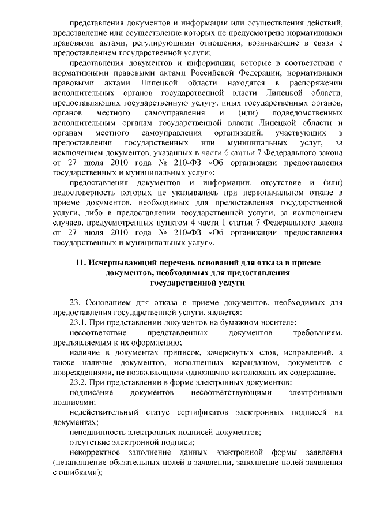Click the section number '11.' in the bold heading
click(x=81, y=262)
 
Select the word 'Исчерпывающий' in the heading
click(x=119, y=262)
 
